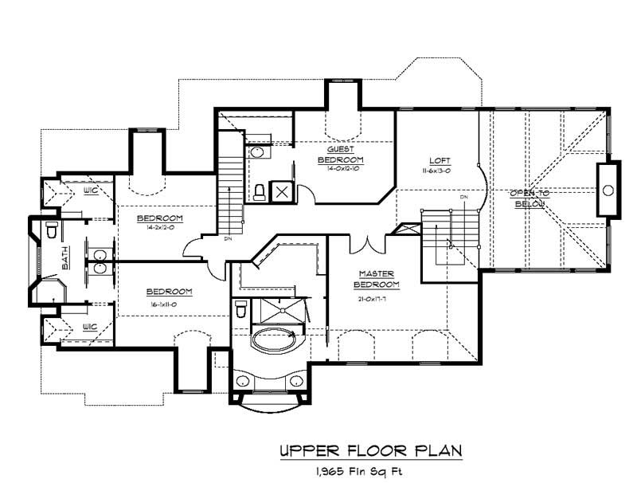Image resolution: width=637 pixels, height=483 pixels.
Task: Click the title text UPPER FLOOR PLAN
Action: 370,450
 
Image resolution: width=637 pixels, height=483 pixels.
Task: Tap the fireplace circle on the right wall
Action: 608,190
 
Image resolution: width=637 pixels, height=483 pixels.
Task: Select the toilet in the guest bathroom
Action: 259,192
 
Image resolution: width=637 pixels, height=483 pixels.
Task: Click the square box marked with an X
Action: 282,191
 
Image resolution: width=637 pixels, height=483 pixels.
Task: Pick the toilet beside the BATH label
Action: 52,231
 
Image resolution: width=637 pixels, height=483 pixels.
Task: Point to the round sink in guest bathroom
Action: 258,151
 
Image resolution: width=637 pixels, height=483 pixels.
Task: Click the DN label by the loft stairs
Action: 463,196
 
